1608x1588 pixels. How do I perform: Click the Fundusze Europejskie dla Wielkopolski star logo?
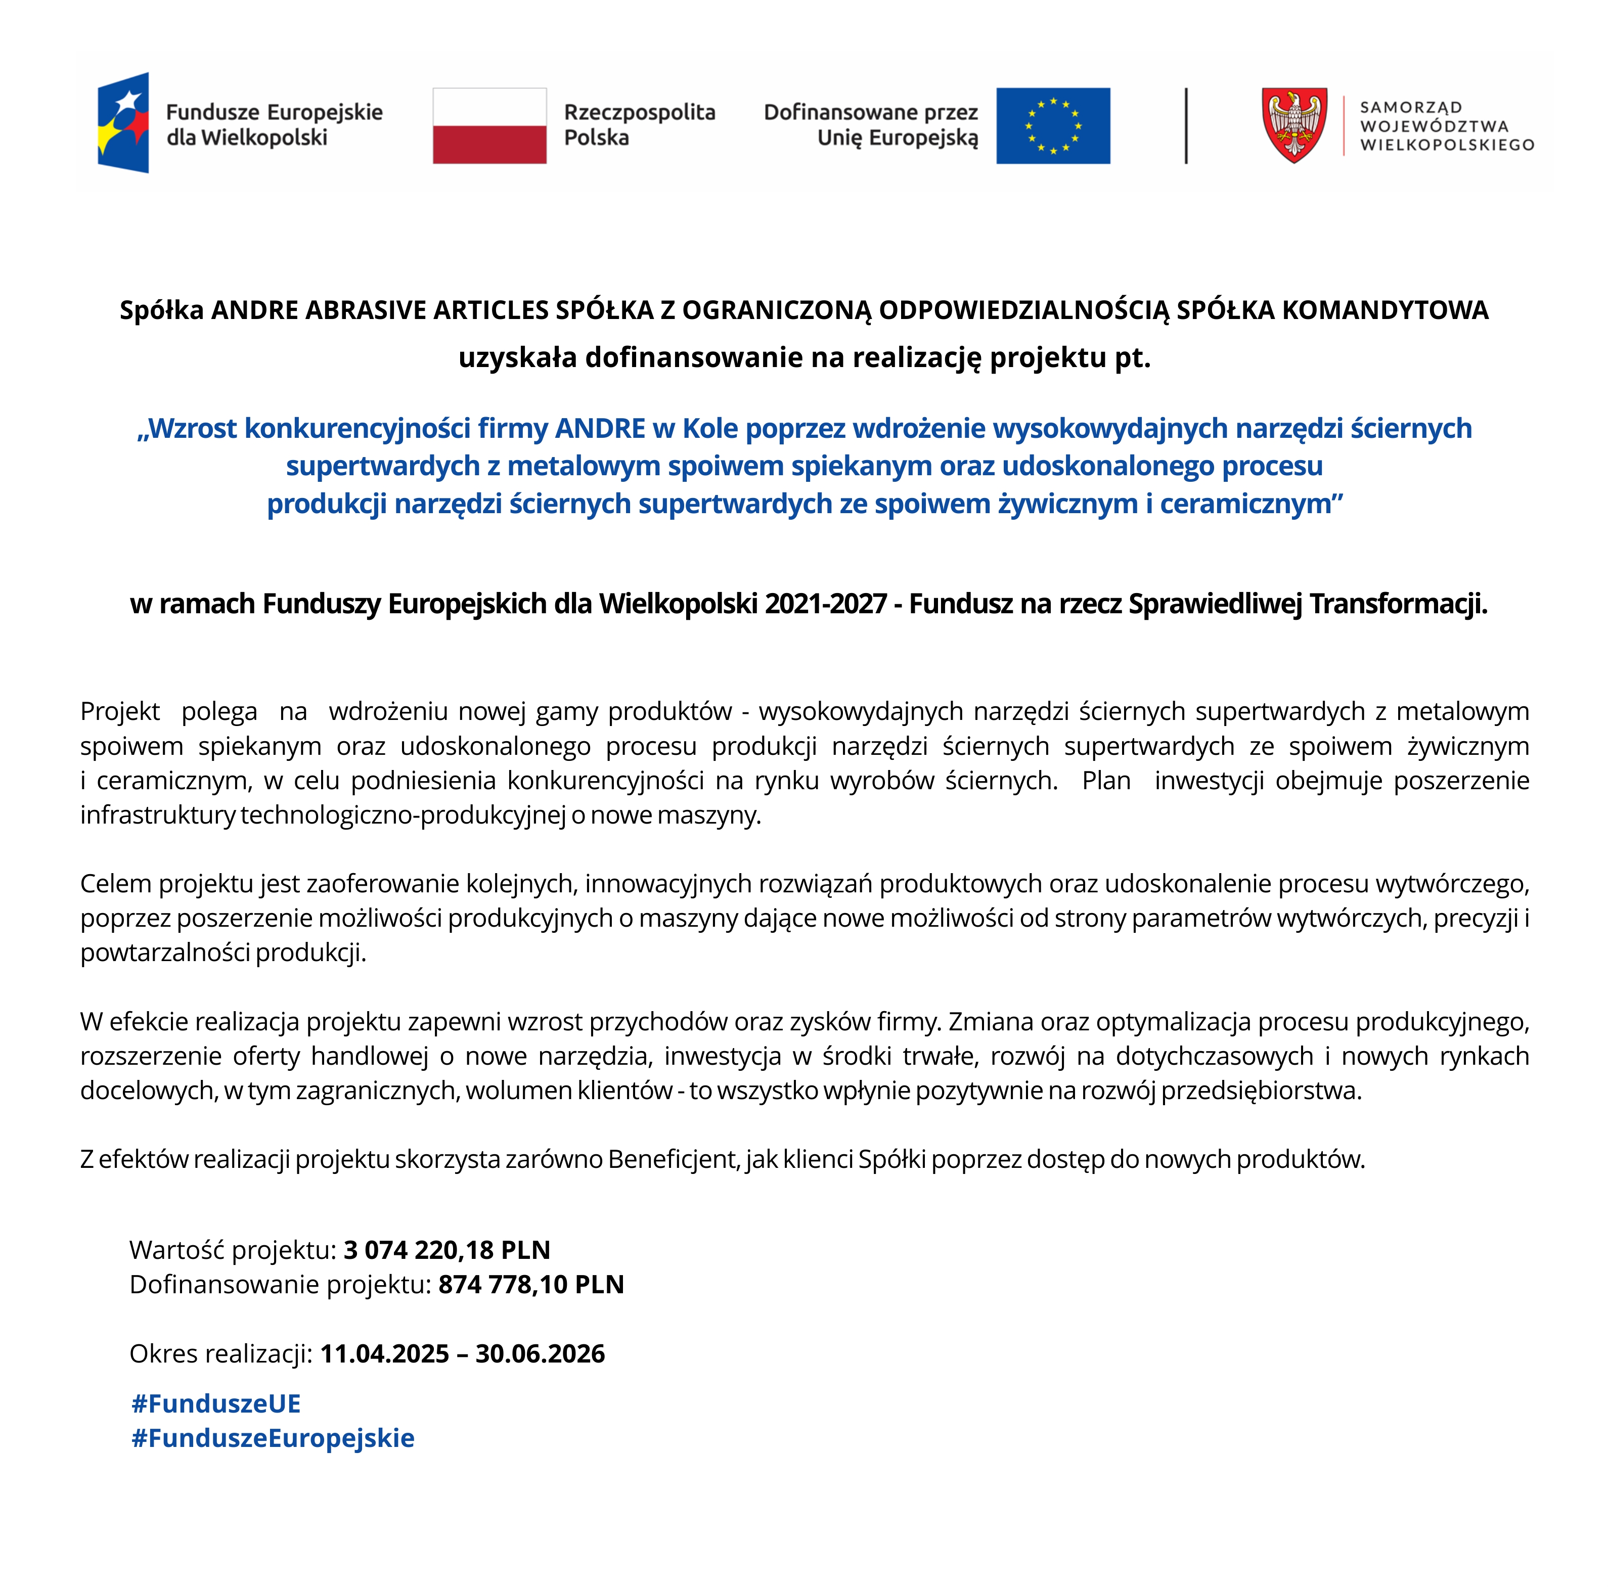123,123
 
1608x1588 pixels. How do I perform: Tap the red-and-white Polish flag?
489,126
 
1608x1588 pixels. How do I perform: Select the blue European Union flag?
1053,126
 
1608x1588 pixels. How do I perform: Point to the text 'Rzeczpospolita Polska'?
639,125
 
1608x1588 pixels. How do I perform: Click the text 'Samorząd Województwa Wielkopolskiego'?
1447,126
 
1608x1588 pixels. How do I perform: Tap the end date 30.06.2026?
540,1353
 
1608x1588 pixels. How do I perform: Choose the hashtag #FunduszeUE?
215,1403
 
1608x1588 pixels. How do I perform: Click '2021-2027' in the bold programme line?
826,604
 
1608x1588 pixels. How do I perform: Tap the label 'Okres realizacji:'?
220,1353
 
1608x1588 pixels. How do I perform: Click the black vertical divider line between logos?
1186,126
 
